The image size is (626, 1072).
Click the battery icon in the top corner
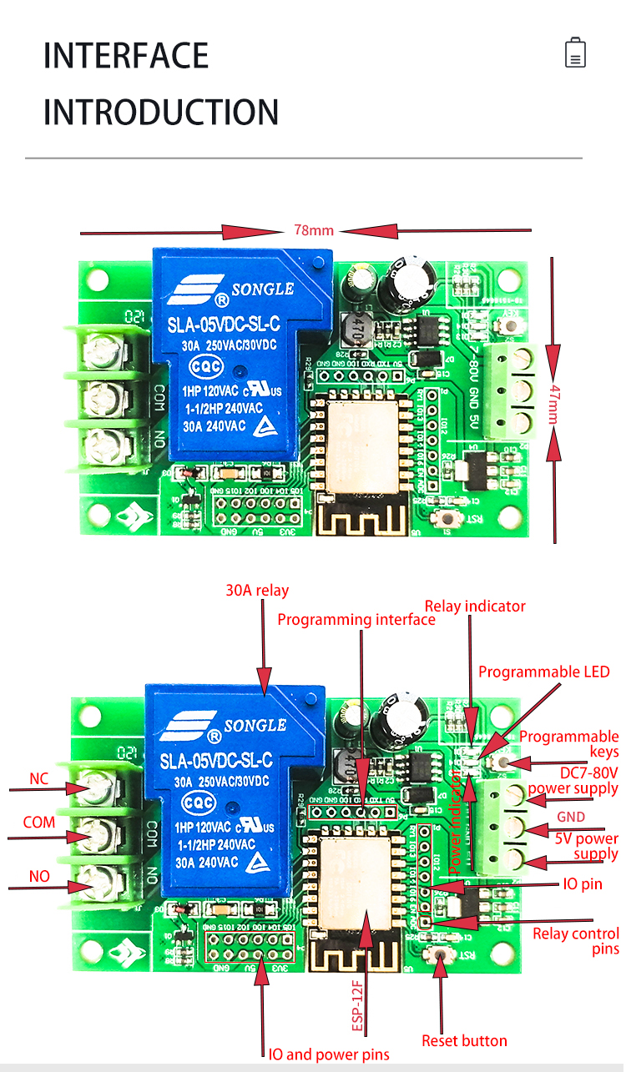pyautogui.click(x=575, y=52)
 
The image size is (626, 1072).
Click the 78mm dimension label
pyautogui.click(x=313, y=230)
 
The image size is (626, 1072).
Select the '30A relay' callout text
pyautogui.click(x=257, y=591)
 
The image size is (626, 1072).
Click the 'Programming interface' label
pyautogui.click(x=356, y=620)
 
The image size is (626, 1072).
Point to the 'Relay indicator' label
pyautogui.click(x=475, y=606)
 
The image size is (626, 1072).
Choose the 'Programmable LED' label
pyautogui.click(x=543, y=672)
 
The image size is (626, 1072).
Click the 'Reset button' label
pyautogui.click(x=464, y=1040)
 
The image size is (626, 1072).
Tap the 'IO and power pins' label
pyautogui.click(x=329, y=1054)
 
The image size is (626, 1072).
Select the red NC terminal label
pyautogui.click(x=38, y=779)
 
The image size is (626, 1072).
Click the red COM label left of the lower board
pyautogui.click(x=39, y=823)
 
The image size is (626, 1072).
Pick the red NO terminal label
pyautogui.click(x=39, y=877)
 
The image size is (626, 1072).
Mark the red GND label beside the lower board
pyautogui.click(x=571, y=817)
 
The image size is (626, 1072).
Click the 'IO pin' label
pyautogui.click(x=582, y=883)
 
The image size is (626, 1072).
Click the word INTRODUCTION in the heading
pyautogui.click(x=161, y=112)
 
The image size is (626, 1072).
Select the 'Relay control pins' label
pyautogui.click(x=576, y=941)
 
